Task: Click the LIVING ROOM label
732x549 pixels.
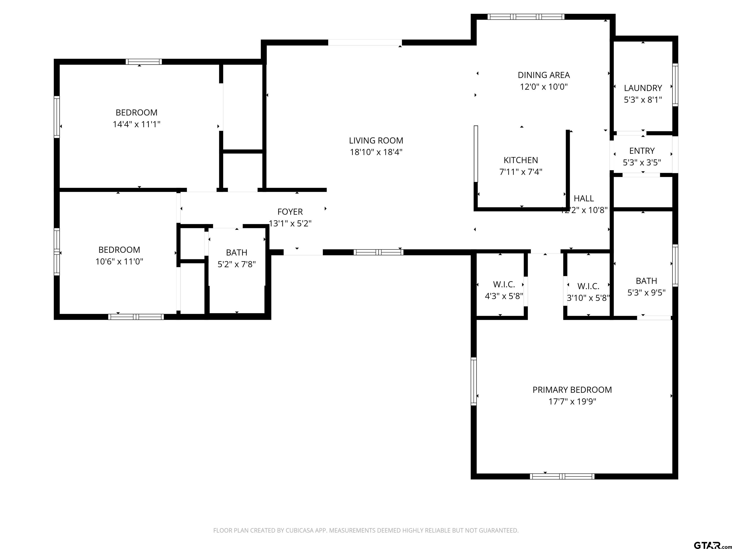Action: click(x=376, y=141)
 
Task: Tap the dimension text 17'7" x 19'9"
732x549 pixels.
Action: click(x=572, y=402)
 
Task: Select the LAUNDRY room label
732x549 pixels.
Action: click(x=643, y=88)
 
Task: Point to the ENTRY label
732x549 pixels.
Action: click(x=642, y=151)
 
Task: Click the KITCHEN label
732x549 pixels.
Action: click(x=521, y=160)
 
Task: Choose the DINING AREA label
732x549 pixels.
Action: click(x=544, y=75)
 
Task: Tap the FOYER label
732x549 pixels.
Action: click(x=290, y=212)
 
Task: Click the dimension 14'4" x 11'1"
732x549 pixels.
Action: click(x=136, y=124)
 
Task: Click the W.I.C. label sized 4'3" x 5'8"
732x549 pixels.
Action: click(x=504, y=284)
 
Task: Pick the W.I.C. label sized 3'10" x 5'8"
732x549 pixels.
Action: click(x=588, y=286)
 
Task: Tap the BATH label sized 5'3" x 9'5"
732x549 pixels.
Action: click(x=646, y=281)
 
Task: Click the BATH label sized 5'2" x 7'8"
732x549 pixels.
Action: click(x=236, y=253)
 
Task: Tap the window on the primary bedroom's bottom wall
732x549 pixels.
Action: click(x=562, y=477)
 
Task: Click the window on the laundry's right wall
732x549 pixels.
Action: click(x=675, y=85)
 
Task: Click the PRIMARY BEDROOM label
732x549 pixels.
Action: click(x=572, y=390)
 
